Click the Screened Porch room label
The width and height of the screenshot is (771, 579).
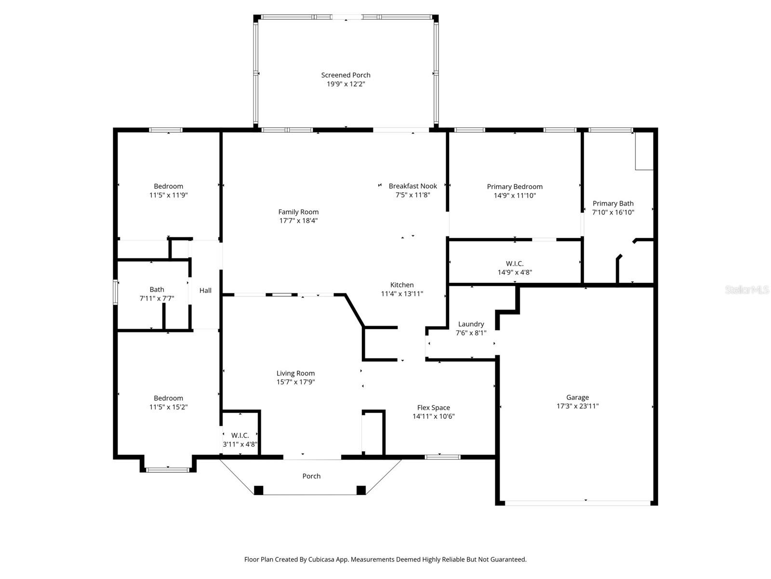[346, 75]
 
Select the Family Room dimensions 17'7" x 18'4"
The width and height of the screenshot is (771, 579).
[298, 221]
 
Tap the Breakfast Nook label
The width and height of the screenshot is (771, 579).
[413, 186]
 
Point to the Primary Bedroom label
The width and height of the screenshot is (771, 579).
[515, 187]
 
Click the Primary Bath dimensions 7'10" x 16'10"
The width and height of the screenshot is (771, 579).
[613, 212]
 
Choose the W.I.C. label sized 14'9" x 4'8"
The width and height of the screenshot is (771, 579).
[515, 263]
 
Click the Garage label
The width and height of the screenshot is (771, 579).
[577, 398]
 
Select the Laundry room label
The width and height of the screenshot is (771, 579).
[471, 324]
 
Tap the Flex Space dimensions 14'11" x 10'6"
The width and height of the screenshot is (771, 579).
[433, 416]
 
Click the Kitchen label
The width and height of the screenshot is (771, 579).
[402, 285]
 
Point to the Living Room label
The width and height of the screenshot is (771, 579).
[295, 373]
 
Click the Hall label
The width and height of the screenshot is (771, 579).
[205, 290]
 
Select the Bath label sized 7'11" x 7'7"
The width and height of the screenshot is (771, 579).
[157, 289]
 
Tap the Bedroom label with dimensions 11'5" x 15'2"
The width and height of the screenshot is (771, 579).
[168, 398]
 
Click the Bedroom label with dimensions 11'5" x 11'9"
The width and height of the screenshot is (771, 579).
[168, 186]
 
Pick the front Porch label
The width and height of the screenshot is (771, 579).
[311, 476]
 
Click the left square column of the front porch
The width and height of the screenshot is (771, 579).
[259, 490]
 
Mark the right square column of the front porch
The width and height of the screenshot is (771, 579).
[361, 490]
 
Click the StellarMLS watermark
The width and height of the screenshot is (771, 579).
[747, 290]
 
